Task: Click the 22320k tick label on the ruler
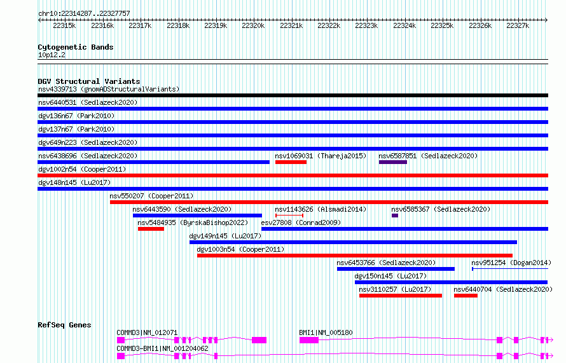253,25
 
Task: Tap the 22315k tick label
64,25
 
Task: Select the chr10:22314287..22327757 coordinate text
84,14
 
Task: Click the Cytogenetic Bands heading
76,47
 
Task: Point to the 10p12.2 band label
52,55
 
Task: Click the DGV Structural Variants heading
89,81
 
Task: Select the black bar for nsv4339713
293,95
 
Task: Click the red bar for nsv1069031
291,162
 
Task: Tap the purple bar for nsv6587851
393,162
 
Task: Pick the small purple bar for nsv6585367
395,216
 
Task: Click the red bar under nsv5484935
151,229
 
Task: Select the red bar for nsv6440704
466,296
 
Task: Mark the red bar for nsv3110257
401,296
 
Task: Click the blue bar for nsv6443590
197,216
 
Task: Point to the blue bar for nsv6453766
396,269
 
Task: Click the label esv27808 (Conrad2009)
301,223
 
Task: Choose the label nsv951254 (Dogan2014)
511,263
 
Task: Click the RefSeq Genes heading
64,325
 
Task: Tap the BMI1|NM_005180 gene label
326,332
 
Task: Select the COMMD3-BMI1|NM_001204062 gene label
162,348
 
